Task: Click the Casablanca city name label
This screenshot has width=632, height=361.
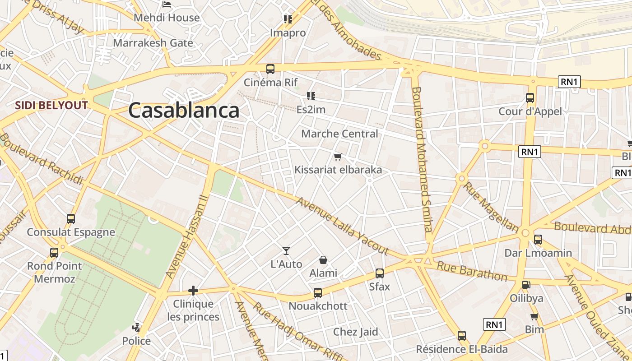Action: pyautogui.click(x=183, y=111)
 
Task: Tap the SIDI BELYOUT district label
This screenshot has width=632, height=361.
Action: pyautogui.click(x=51, y=106)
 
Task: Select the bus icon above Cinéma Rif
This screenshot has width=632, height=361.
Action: pyautogui.click(x=270, y=69)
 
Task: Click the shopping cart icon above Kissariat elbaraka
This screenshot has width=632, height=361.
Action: pyautogui.click(x=338, y=157)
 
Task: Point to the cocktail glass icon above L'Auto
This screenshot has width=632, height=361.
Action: pyautogui.click(x=286, y=251)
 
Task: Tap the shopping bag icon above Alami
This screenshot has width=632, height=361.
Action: pyautogui.click(x=323, y=260)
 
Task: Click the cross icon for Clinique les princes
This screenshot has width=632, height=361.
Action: pyautogui.click(x=193, y=291)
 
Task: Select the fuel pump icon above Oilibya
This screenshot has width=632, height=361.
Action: pyautogui.click(x=526, y=285)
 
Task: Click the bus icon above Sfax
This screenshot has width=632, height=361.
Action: pyautogui.click(x=380, y=273)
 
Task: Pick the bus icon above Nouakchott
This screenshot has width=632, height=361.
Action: pyautogui.click(x=318, y=292)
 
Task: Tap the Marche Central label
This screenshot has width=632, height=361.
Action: pyautogui.click(x=339, y=134)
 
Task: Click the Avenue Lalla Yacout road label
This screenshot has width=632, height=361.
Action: pyautogui.click(x=342, y=225)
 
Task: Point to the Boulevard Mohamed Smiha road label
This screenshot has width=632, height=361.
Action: pyautogui.click(x=423, y=158)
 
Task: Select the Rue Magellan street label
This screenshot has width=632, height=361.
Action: pyautogui.click(x=491, y=206)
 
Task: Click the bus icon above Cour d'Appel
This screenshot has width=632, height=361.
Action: pyautogui.click(x=530, y=97)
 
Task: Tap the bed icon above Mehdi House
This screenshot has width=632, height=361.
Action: pyautogui.click(x=167, y=5)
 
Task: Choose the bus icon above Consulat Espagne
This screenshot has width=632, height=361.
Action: pyautogui.click(x=71, y=219)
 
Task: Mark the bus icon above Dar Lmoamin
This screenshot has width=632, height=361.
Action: pyautogui.click(x=538, y=239)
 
